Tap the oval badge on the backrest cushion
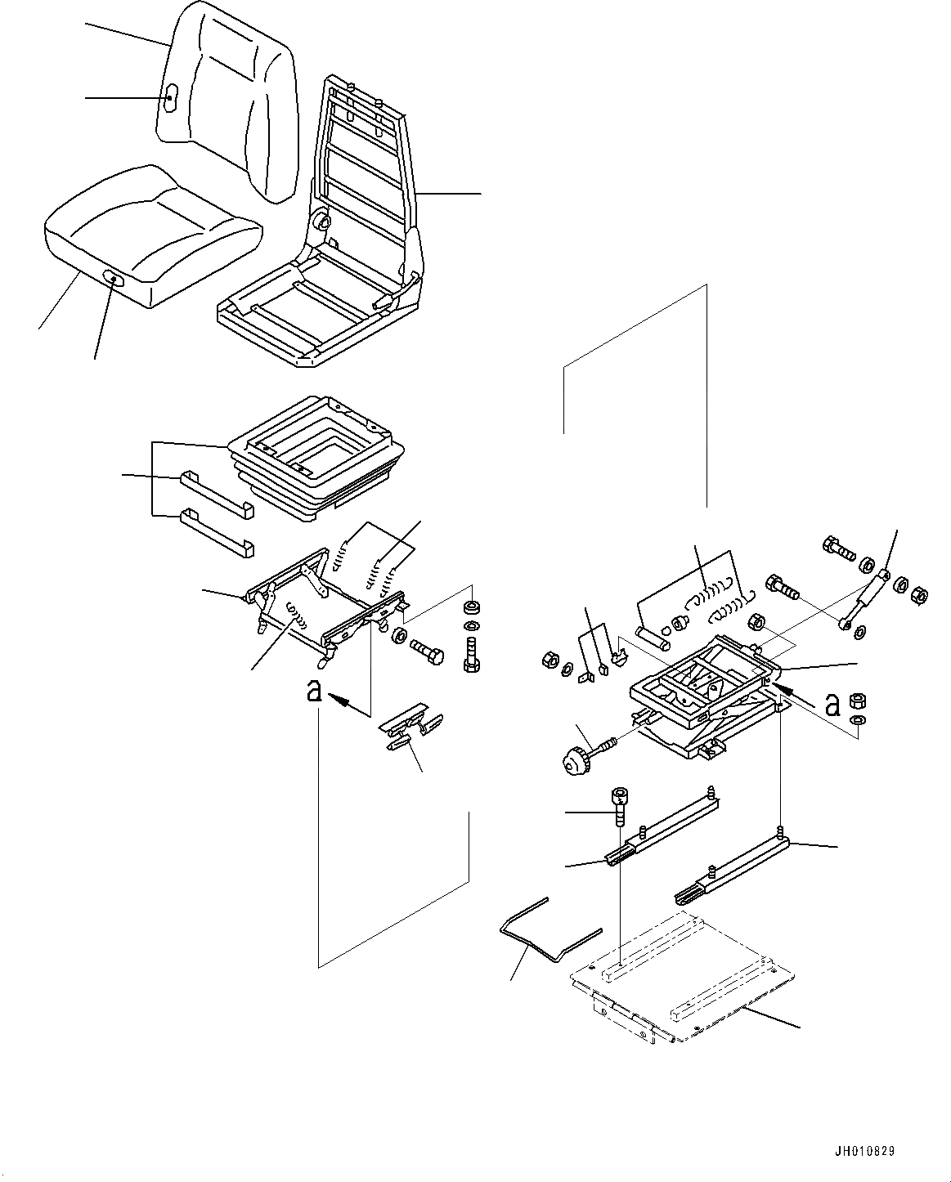170,98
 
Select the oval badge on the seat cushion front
114,280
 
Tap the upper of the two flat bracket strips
217,494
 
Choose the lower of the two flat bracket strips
217,533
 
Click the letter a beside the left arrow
314,691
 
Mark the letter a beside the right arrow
833,705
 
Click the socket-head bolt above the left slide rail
619,822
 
